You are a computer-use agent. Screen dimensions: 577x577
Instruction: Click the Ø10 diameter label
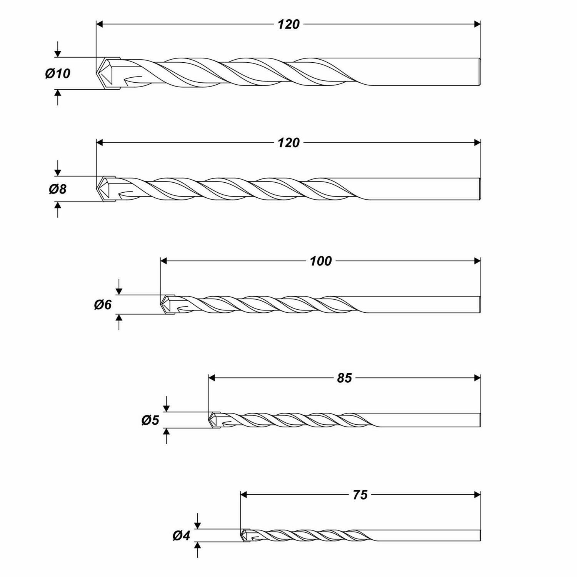point(58,73)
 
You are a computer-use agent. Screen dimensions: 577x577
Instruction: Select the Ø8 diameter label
point(58,189)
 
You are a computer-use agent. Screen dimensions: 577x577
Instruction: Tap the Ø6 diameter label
point(103,305)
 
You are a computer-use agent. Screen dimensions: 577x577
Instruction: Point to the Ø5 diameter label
point(150,420)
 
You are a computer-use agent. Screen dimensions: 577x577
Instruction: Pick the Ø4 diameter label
point(181,535)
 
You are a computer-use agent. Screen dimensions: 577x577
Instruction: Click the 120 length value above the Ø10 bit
point(288,25)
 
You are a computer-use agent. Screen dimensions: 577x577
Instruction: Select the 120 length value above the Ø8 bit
point(288,143)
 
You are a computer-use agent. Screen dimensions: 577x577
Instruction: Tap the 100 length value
point(320,262)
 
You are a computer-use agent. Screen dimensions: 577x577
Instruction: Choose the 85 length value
point(344,379)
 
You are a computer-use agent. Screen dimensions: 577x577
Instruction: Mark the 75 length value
point(360,495)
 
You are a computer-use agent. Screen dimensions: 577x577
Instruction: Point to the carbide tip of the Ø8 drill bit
point(105,189)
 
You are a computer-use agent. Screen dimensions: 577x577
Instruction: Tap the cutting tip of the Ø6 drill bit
point(167,305)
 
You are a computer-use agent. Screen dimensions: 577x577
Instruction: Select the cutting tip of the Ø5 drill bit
point(214,420)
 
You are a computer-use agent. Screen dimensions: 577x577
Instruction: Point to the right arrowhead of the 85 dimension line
point(477,378)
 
